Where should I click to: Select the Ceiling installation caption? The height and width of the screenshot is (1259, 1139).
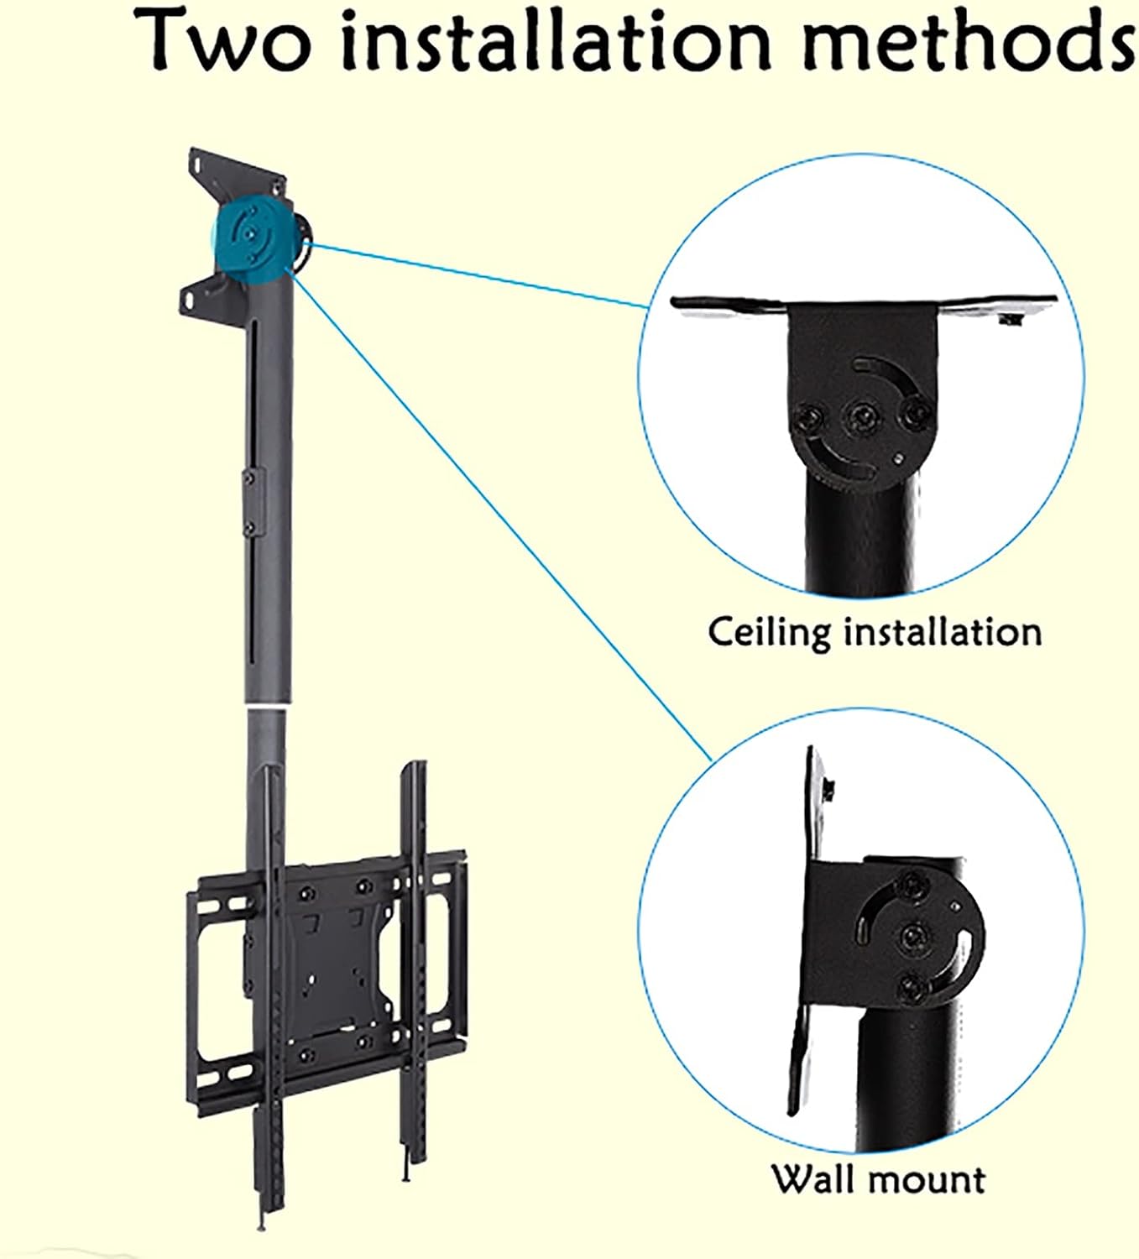click(874, 631)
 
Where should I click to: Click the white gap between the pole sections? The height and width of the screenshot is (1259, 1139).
click(271, 708)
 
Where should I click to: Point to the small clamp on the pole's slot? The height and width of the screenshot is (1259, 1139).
click(248, 502)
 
